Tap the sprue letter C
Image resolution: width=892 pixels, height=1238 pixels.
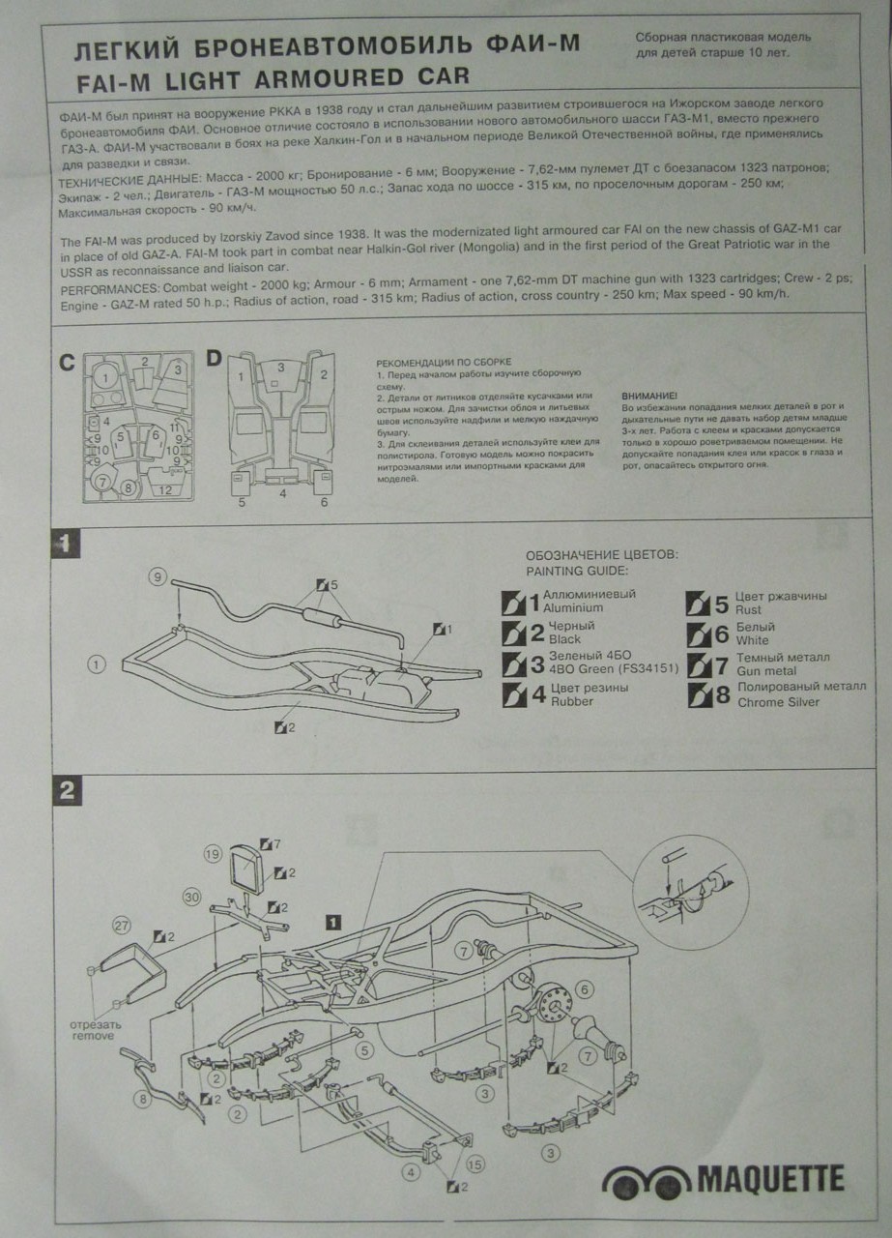click(67, 364)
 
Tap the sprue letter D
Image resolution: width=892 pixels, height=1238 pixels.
click(214, 359)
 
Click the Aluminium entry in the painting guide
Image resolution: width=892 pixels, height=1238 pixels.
click(573, 608)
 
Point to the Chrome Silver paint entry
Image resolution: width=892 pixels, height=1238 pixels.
click(777, 701)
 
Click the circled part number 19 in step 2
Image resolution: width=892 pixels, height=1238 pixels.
click(213, 853)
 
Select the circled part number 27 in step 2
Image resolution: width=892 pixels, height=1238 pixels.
click(121, 925)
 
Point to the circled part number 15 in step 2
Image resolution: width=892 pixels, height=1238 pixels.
click(475, 1164)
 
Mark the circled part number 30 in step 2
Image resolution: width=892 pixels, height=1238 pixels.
click(192, 898)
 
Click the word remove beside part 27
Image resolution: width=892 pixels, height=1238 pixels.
click(93, 1036)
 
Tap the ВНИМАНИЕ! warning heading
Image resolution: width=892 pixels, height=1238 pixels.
click(649, 397)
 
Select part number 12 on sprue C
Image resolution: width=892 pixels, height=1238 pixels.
click(166, 490)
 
